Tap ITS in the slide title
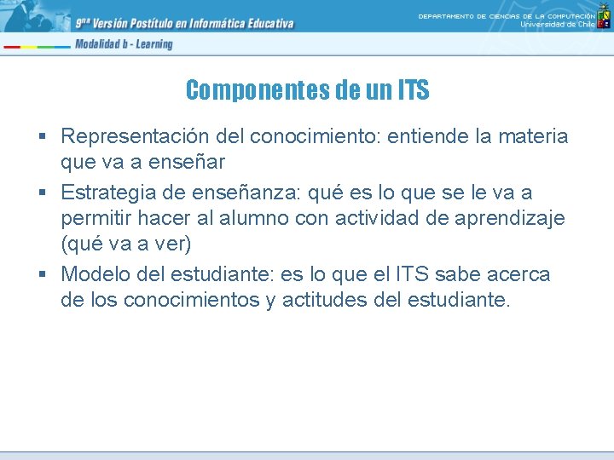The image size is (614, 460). (412, 89)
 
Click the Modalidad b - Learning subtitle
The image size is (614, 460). (123, 44)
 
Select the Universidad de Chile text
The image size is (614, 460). (558, 24)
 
